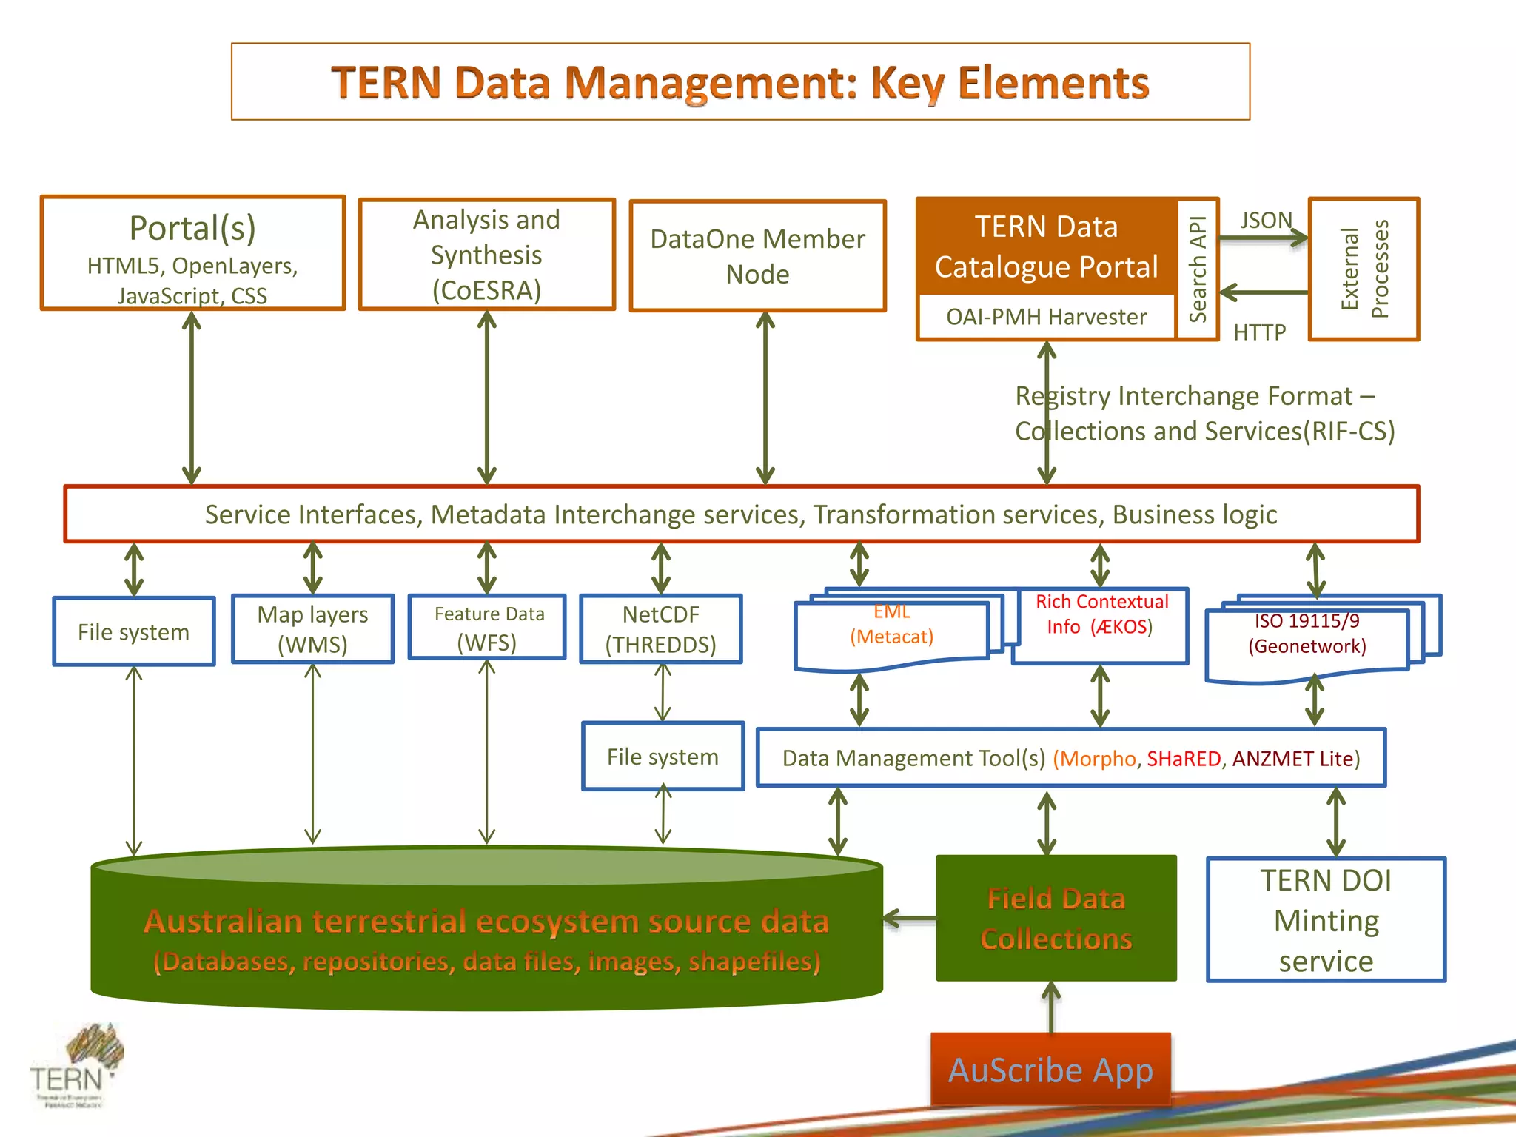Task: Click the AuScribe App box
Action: (x=1050, y=1070)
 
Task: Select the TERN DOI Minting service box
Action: (x=1326, y=920)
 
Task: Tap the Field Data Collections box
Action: (x=1056, y=919)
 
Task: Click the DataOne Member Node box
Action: (x=757, y=256)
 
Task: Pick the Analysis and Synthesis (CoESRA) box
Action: (x=486, y=255)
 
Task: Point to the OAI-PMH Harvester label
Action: (x=1046, y=317)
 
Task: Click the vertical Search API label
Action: (x=1198, y=269)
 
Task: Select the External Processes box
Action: (x=1364, y=269)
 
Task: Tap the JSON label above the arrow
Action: (x=1266, y=221)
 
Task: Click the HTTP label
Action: (x=1259, y=332)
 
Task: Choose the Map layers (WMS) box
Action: (x=312, y=629)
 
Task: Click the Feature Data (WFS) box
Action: (x=487, y=628)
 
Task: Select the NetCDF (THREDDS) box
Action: (x=660, y=629)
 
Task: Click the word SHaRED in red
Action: (x=1184, y=759)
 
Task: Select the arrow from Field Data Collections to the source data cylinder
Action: (x=910, y=919)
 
